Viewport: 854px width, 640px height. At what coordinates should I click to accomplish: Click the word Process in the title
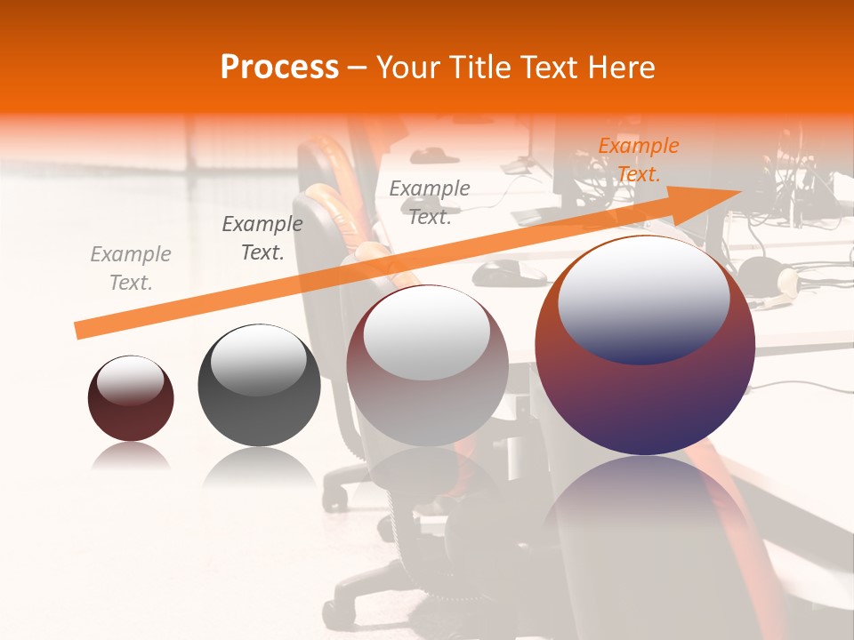click(x=279, y=68)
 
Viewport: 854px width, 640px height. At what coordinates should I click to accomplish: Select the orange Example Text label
click(x=638, y=160)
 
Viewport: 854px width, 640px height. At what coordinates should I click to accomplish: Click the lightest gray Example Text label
click(x=130, y=268)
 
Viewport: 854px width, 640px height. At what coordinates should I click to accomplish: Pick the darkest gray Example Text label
click(x=262, y=238)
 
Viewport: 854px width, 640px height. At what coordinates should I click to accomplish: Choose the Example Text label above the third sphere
click(x=430, y=202)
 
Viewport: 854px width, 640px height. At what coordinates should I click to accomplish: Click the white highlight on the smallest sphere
click(x=130, y=381)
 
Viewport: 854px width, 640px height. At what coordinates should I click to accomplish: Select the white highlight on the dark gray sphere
click(x=258, y=359)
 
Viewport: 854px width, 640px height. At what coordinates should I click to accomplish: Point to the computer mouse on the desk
click(x=509, y=271)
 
